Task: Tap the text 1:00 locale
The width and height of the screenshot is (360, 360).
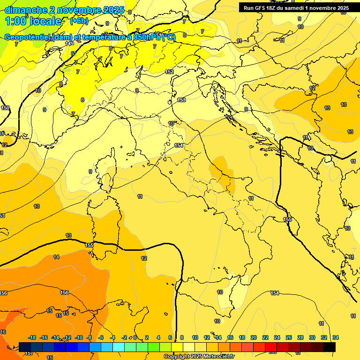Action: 33,21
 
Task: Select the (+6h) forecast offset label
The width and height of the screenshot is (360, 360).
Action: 79,21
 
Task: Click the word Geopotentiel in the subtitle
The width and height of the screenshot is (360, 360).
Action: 27,37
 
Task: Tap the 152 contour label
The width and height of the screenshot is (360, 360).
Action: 170,72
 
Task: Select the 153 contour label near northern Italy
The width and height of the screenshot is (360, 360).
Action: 181,100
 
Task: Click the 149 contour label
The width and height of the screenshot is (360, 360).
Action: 69,44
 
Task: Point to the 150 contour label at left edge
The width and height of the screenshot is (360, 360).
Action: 5,108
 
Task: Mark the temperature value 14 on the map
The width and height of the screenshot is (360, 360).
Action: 56,257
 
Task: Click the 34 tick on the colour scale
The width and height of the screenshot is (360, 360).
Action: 336,337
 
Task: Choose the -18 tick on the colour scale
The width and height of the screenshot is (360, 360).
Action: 32,337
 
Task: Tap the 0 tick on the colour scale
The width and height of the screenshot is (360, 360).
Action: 135,337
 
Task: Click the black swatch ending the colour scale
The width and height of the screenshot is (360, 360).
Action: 330,346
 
